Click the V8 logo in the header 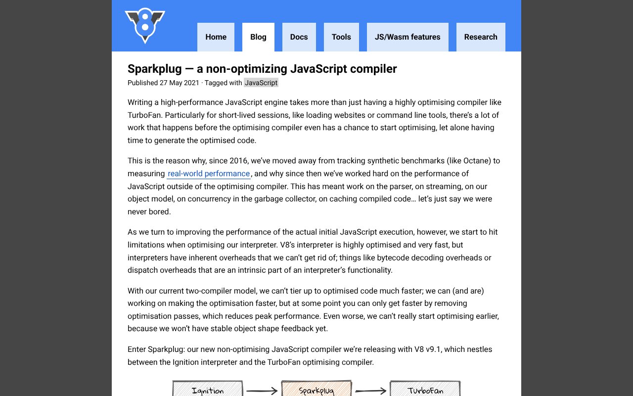point(145,25)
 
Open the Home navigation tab point(216,37)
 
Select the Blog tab point(258,37)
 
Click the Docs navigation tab point(299,37)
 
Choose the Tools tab point(341,37)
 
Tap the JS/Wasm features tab point(407,37)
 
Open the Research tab point(481,37)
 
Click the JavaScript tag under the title point(261,83)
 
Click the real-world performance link point(209,174)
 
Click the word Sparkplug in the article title point(155,69)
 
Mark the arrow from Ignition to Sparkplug point(262,392)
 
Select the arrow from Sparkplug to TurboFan point(371,392)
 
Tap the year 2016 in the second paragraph point(238,161)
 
